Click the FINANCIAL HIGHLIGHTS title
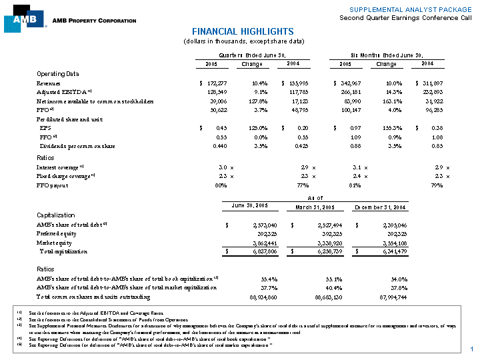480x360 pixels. coord(243,31)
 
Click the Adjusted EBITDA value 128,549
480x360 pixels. coord(215,91)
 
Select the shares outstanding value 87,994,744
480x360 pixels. coord(385,296)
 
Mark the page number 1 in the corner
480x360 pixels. coord(471,350)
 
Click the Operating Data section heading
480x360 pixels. coord(57,73)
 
